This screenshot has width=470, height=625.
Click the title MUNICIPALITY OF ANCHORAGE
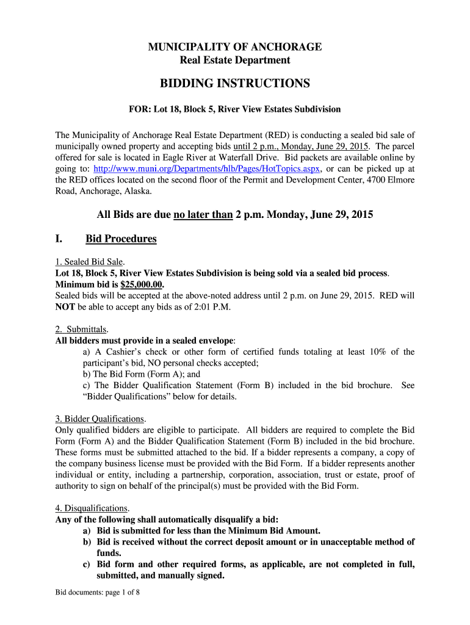pos(235,47)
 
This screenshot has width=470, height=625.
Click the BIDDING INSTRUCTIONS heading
pos(235,83)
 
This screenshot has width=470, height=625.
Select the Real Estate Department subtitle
pos(235,60)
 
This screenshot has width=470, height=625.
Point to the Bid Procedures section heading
pos(121,239)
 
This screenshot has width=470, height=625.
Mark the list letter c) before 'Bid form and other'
pos(87,565)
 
